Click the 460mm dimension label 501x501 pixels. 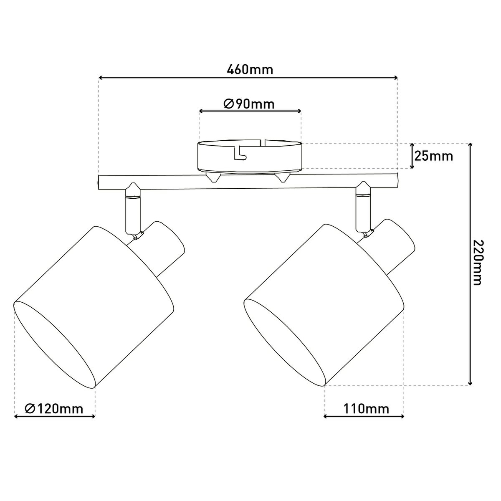click(250, 69)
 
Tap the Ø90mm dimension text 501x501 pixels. click(249, 104)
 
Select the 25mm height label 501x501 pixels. click(434, 156)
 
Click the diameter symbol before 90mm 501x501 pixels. click(228, 104)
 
